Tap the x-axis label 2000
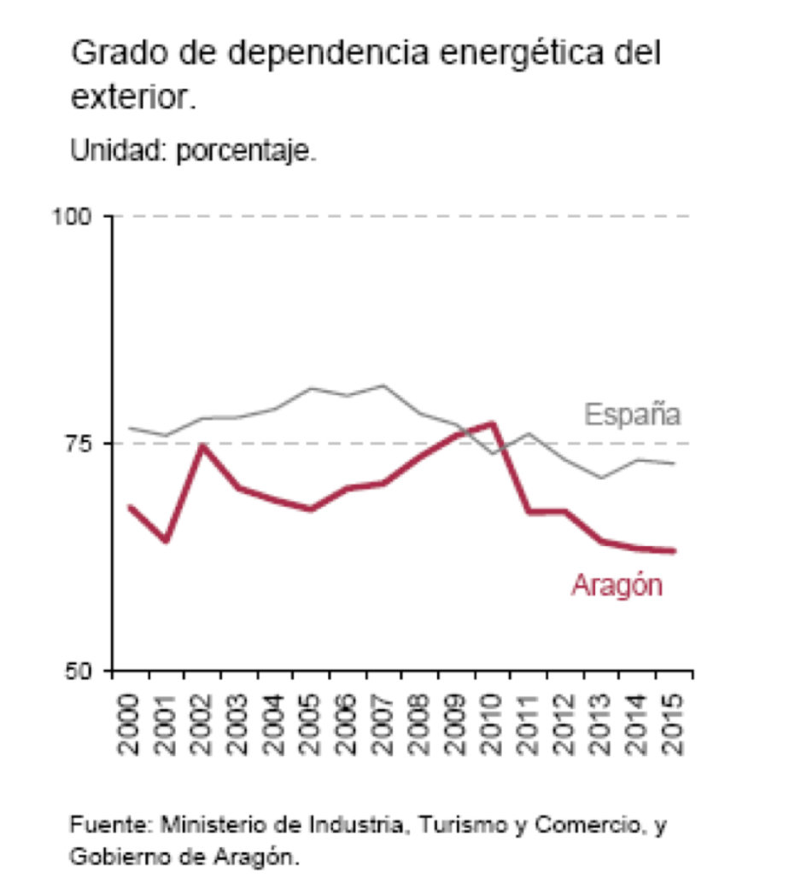tap(131, 724)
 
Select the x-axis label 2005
tap(312, 724)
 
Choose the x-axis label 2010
tap(493, 724)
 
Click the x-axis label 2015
tap(674, 724)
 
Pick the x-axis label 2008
tap(420, 724)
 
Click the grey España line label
tap(632, 415)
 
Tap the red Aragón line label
tap(617, 586)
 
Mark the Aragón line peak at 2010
tap(493, 423)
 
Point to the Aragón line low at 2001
tap(167, 541)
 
